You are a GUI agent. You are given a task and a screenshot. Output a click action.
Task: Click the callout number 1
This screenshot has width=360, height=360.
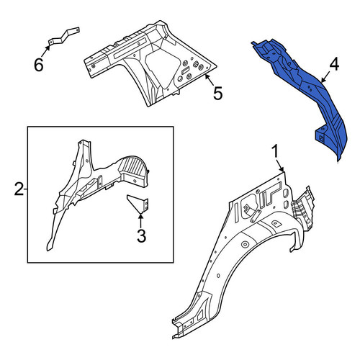coord(275,152)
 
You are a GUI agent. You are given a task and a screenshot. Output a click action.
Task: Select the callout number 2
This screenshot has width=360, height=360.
coord(19,189)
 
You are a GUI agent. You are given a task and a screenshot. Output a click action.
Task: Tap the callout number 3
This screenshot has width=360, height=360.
coord(141,235)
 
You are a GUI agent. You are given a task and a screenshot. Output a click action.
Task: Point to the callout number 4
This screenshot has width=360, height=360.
coord(334,65)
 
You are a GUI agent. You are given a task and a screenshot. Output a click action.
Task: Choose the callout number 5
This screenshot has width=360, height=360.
coord(218,93)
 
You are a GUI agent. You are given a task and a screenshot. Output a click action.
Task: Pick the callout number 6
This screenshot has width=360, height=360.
coord(39,65)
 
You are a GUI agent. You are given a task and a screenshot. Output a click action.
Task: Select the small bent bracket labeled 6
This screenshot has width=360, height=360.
coord(64,36)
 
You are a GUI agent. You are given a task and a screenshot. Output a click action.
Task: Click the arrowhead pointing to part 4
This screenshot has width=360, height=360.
coord(323,81)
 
